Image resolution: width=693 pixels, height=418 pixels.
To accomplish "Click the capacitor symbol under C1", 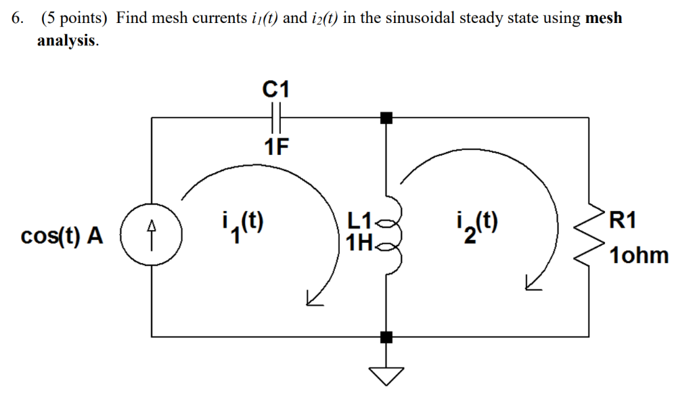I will (x=276, y=118).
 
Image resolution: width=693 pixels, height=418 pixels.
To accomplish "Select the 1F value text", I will (x=276, y=146).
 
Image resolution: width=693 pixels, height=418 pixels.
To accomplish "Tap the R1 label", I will (x=623, y=220).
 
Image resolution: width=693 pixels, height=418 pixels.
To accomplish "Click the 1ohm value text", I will (x=638, y=256).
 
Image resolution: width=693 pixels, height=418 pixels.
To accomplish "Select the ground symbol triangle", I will (x=386, y=374).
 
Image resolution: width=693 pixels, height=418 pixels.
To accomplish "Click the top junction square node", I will (x=386, y=118).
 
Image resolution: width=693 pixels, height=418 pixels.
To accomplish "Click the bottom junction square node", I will (x=386, y=336).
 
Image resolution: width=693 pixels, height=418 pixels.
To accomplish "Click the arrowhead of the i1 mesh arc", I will (x=313, y=298).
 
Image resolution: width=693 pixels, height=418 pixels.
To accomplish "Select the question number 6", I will (x=16, y=18).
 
